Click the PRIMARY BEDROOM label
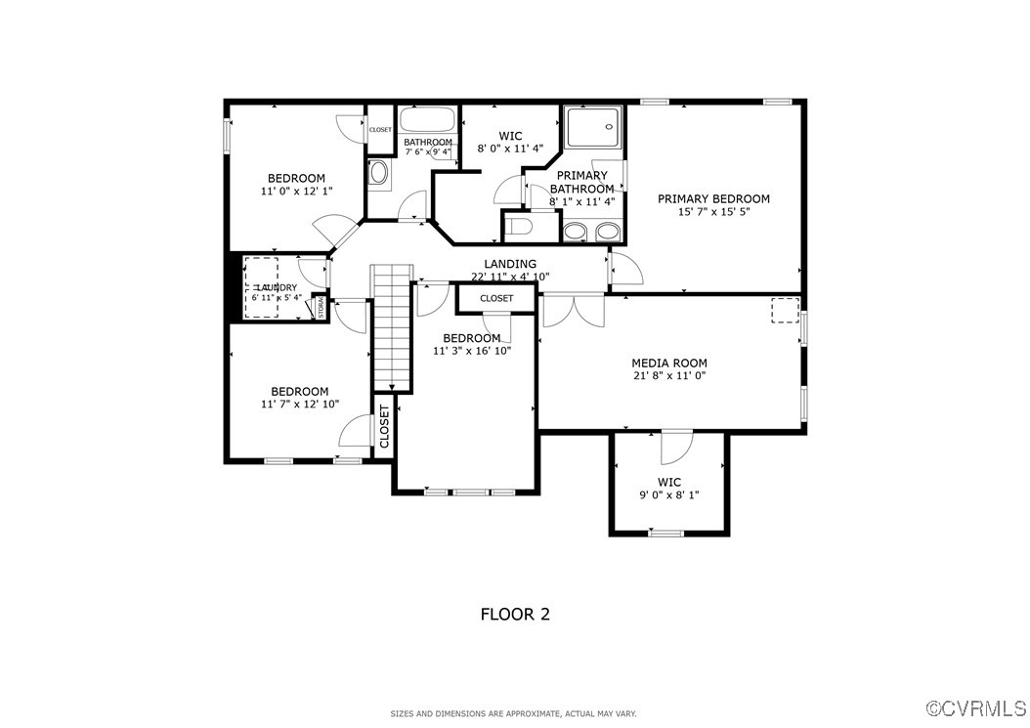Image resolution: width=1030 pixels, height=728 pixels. pos(713,198)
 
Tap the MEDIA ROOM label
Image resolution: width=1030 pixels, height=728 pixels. pos(668,363)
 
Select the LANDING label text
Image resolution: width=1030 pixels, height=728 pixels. pos(510,264)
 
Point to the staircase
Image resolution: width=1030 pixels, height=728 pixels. pos(391,327)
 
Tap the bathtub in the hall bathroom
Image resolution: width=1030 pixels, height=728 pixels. pos(428,121)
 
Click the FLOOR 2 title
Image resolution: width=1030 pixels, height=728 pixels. pos(514,615)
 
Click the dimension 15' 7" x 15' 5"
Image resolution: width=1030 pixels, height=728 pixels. pos(713,212)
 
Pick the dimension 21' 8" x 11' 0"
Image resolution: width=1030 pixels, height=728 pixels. pos(668,375)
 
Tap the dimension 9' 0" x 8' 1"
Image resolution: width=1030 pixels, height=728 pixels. pos(668,495)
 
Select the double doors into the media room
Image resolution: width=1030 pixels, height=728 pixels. pos(573,309)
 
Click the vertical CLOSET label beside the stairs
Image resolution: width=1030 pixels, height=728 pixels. pos(384,426)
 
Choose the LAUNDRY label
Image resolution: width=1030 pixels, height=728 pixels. pos(277,287)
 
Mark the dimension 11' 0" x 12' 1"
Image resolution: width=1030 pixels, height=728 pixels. pos(296,192)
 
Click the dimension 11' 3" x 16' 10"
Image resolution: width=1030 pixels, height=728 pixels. pos(472,351)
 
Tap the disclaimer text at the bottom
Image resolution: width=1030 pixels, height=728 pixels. pos(514,714)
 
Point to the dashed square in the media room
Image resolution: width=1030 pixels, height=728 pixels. pos(784,310)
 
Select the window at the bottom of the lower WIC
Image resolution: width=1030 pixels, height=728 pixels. pos(666,534)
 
